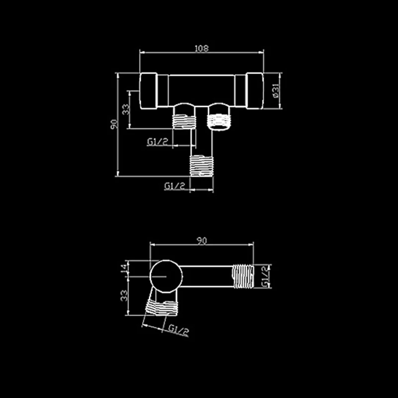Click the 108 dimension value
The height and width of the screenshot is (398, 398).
(x=201, y=48)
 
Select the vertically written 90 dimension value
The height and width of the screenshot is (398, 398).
(x=114, y=124)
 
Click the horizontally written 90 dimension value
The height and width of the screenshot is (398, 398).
(x=201, y=241)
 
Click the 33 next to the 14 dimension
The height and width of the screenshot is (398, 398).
(x=125, y=296)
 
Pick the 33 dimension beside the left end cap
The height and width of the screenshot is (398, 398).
(x=126, y=108)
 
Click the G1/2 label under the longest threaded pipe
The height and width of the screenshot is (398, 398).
(x=175, y=186)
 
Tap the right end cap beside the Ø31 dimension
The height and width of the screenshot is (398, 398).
(x=255, y=91)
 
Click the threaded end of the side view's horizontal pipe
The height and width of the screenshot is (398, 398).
(x=243, y=276)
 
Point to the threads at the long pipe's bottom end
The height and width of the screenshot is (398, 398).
(x=202, y=164)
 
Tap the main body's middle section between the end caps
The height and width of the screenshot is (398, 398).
(x=201, y=90)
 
